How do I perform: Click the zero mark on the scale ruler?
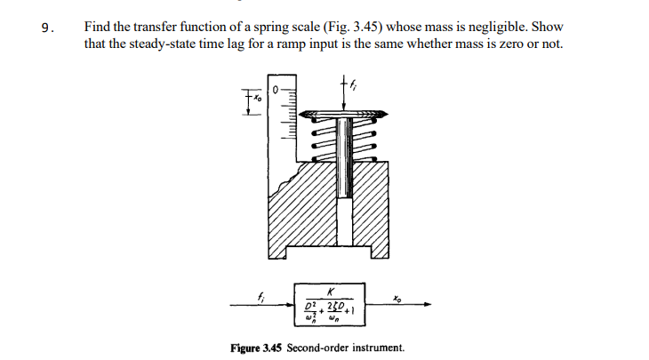(276, 89)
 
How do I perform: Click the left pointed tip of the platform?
(300, 115)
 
